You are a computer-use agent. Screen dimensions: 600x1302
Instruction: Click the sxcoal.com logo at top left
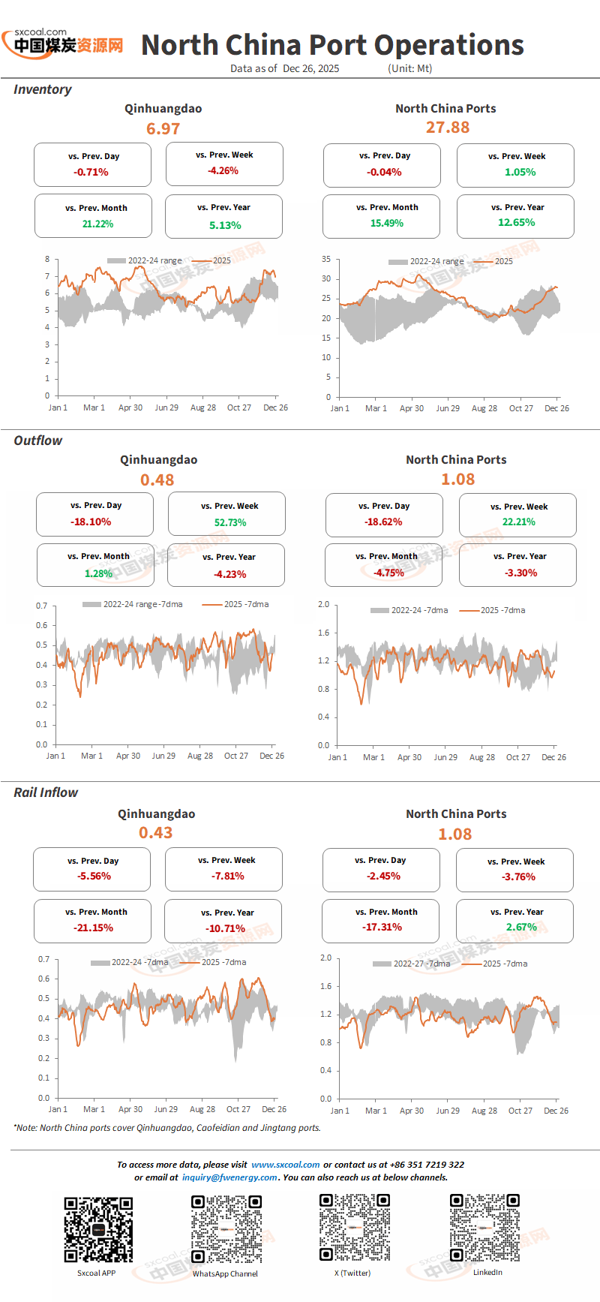coord(63,43)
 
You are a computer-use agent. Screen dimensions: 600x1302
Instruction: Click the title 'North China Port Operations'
coord(332,45)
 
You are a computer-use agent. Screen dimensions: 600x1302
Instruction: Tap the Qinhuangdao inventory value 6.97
coord(163,129)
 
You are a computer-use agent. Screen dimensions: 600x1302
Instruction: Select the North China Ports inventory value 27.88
coord(448,128)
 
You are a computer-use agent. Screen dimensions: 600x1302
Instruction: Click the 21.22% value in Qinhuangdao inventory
coord(97,224)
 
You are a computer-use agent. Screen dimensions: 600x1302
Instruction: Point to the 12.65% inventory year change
coord(517,222)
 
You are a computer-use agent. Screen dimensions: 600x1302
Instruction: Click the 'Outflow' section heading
coord(38,441)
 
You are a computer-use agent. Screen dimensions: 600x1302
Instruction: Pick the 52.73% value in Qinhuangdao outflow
coord(230,522)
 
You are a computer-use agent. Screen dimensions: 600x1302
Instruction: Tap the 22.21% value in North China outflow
coord(519,522)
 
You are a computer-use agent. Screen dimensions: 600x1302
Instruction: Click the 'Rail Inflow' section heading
coord(46,792)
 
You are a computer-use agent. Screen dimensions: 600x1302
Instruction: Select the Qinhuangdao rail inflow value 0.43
coord(156,833)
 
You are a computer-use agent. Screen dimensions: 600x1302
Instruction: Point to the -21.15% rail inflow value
coord(93,928)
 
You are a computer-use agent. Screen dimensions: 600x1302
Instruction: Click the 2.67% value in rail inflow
coord(521,927)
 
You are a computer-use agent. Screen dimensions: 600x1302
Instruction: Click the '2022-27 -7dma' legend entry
coord(412,964)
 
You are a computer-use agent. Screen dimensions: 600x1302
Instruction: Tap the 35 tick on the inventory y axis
coord(326,259)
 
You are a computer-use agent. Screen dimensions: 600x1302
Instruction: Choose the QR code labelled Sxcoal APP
coord(98,1229)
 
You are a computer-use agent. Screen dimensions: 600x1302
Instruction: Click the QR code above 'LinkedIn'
coord(484,1228)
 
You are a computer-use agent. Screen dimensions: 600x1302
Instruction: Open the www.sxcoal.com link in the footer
coord(286,1165)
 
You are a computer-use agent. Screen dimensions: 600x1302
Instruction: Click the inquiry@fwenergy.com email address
coord(229,1177)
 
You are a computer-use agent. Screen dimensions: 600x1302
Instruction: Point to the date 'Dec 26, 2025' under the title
coord(311,68)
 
